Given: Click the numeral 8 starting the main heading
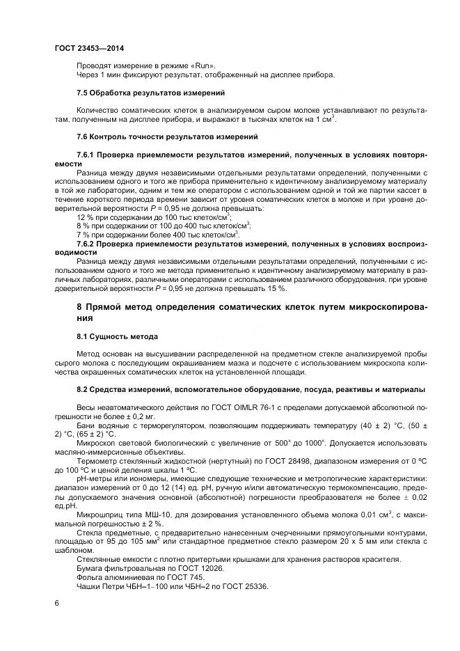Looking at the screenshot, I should click(79, 307).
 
